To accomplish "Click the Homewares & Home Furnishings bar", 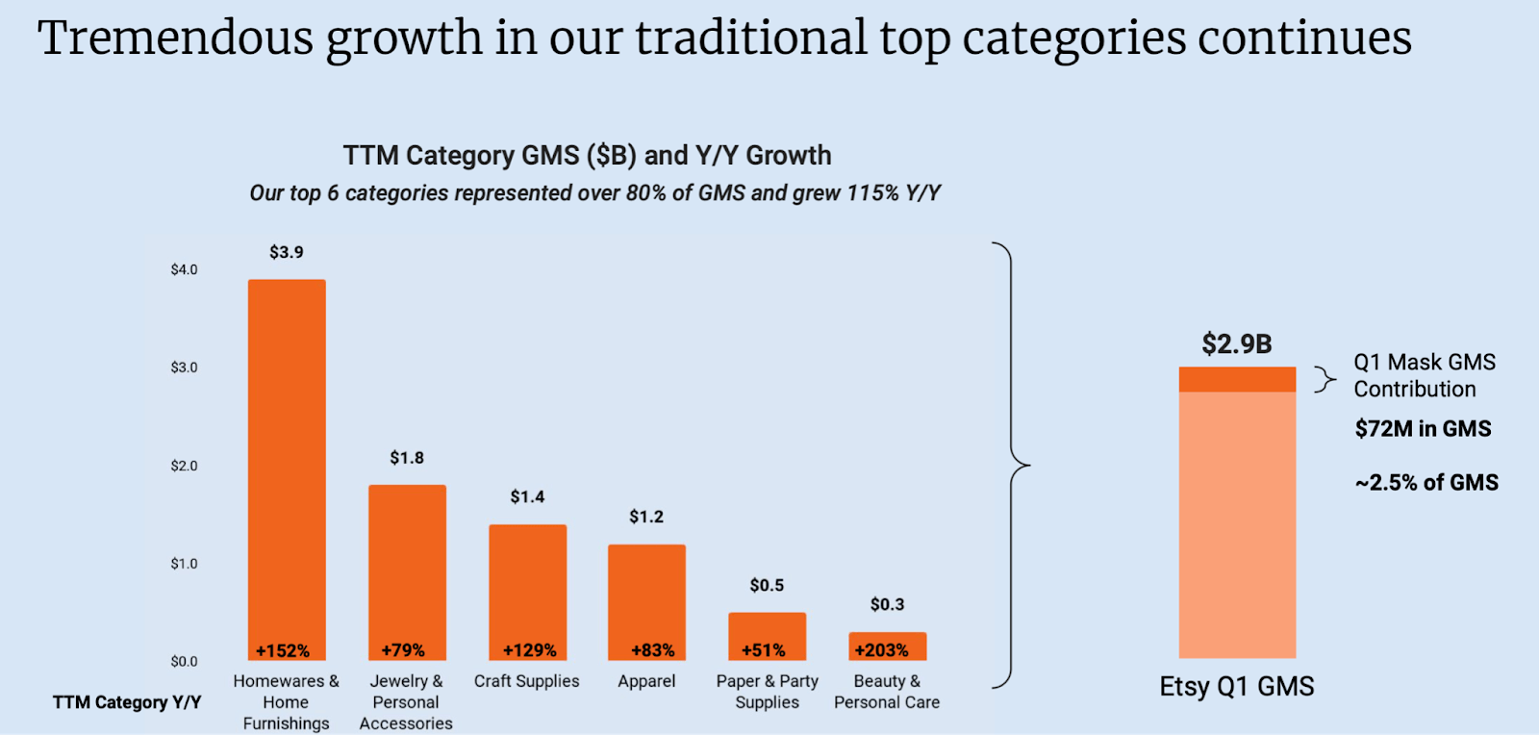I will [287, 462].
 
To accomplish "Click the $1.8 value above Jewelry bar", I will [406, 458].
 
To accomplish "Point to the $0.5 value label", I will [767, 585].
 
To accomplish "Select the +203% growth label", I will [881, 650].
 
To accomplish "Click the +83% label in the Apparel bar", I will [652, 650].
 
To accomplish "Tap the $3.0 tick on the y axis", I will [184, 367].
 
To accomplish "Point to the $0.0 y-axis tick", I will [184, 661].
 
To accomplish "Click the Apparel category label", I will [646, 681].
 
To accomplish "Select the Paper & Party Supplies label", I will [767, 692].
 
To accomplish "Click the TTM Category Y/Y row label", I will [127, 702].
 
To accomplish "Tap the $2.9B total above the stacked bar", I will [1236, 343].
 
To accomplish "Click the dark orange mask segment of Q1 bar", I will [1237, 379].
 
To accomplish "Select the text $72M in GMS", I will [1423, 429].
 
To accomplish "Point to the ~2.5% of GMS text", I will [1426, 483].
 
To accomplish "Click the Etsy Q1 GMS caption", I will [1236, 687].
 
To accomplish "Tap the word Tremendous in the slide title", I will [175, 38].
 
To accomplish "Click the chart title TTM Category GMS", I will [587, 156].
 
